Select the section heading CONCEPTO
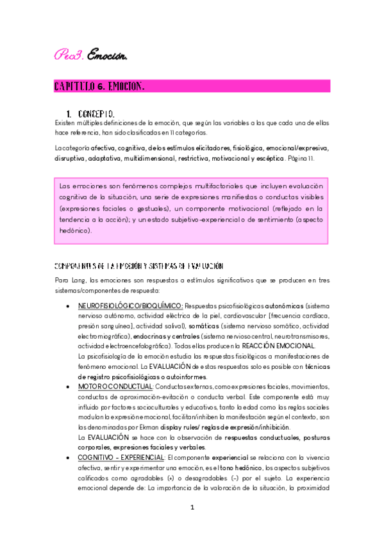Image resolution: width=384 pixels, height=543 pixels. pos(97,114)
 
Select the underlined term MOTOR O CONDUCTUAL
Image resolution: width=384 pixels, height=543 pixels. pos(115,386)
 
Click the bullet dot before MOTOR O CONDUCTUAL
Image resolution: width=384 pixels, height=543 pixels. pos(69,387)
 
